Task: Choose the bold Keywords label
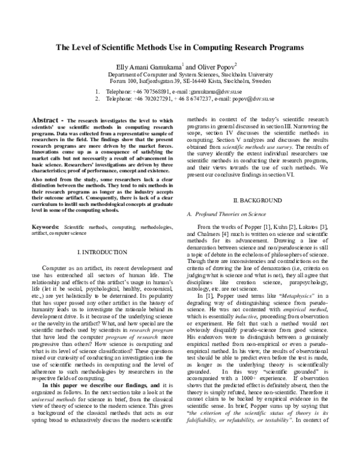pyautogui.click(x=45, y=228)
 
